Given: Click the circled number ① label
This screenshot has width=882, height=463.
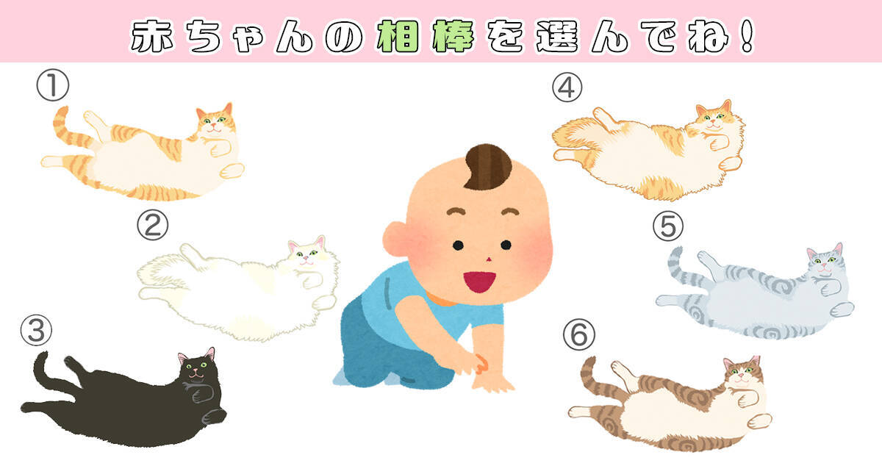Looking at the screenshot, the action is coord(53,85).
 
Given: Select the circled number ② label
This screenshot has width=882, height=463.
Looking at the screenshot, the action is coord(153,225).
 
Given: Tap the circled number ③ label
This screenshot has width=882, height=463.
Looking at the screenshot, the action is coord(36,330).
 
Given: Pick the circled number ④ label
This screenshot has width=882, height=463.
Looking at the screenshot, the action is coord(567,87).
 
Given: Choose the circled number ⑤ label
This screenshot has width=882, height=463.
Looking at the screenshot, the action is coord(668,226).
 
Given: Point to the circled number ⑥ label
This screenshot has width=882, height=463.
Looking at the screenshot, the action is coord(579,334).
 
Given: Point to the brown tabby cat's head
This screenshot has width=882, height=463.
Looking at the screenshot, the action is coord(742,374).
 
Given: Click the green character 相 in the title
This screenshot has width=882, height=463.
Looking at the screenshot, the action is coord(398,36).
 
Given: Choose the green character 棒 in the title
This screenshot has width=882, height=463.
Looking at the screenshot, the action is coord(453,36).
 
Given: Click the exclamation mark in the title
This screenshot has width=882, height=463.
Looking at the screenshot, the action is coord(746,36).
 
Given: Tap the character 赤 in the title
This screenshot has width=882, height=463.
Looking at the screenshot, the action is coord(152,36).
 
